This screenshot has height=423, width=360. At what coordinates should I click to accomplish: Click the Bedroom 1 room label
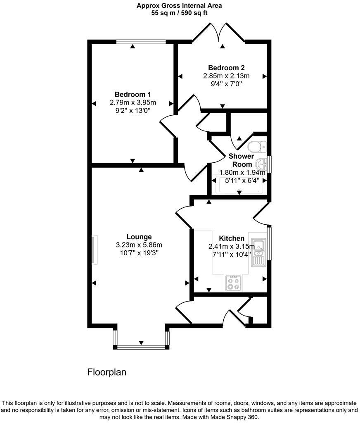click(x=133, y=95)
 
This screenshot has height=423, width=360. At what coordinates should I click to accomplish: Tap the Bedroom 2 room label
click(x=226, y=68)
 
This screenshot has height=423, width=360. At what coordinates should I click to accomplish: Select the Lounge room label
click(x=139, y=237)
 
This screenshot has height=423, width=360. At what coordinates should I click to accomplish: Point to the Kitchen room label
click(x=232, y=238)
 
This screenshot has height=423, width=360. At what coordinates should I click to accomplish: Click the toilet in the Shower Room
click(x=257, y=147)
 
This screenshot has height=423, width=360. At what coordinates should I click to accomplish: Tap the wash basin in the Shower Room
click(x=262, y=164)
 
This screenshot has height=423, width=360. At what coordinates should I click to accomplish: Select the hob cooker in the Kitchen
click(x=234, y=283)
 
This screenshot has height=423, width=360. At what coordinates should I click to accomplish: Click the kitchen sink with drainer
click(x=258, y=252)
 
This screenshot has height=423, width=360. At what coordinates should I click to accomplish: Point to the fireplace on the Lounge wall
click(x=95, y=250)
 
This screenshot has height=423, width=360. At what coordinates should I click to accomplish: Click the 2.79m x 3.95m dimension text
click(x=133, y=102)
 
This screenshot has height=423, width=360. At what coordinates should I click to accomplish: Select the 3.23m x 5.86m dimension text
click(x=139, y=245)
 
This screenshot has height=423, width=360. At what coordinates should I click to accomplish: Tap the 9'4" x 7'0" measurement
click(x=226, y=84)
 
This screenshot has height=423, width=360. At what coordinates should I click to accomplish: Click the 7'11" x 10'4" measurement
click(x=232, y=254)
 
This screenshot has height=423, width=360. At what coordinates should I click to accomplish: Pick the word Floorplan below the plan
click(x=107, y=372)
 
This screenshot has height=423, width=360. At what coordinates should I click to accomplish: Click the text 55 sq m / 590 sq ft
click(x=179, y=13)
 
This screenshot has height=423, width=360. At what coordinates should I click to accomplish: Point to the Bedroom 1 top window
click(x=141, y=42)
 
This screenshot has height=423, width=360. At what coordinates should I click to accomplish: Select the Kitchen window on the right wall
click(x=269, y=243)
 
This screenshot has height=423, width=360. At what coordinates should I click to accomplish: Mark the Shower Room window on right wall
click(x=269, y=164)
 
